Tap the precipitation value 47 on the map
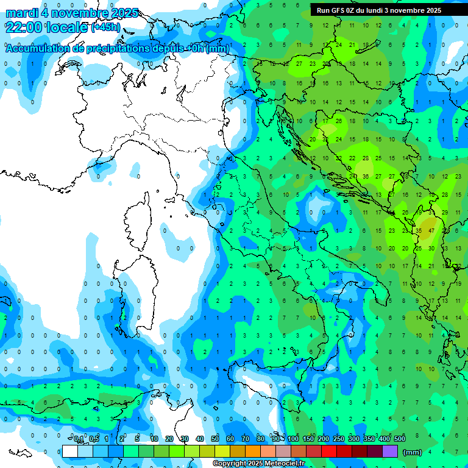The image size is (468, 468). tap(431, 231)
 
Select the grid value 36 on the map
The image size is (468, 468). tap(365, 177)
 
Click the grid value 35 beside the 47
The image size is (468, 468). tap(419, 231)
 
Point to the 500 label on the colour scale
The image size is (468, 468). tap(400, 439)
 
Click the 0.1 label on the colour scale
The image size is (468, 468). tap(79, 439)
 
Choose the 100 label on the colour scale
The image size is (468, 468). tap(293, 439)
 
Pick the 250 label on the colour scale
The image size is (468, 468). tap(338, 439)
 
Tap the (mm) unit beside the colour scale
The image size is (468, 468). tap(413, 452)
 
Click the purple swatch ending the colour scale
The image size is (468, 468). tap(390, 452)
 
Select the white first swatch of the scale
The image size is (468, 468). tap(69, 452)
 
